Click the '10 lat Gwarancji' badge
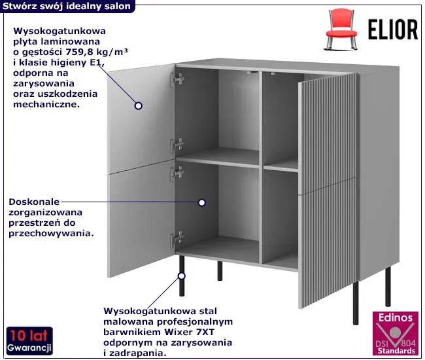pyautogui.click(x=27, y=340)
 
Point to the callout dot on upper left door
pyautogui.click(x=138, y=105)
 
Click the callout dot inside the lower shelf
pyautogui.click(x=201, y=203)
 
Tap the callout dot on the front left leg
pyautogui.click(x=181, y=276)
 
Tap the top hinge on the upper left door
pyautogui.click(x=176, y=79)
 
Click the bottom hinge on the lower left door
pyautogui.click(x=176, y=240)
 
